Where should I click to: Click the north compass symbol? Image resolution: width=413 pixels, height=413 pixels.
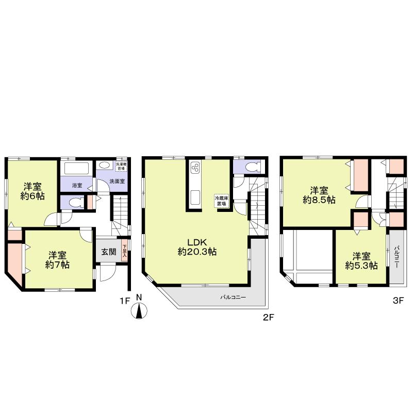(139, 311)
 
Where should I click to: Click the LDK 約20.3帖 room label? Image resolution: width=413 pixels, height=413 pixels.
(197, 247)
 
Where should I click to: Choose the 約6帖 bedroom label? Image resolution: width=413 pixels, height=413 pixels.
(32, 191)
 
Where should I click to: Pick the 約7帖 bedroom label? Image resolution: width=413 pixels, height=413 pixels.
(57, 260)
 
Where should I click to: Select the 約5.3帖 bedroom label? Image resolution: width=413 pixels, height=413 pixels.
(361, 261)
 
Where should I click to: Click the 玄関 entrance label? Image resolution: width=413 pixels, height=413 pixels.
(108, 252)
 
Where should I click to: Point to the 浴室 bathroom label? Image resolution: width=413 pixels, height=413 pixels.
(77, 185)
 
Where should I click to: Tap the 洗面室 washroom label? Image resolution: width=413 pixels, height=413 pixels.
(116, 182)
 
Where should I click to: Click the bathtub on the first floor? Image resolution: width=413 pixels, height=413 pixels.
(76, 169)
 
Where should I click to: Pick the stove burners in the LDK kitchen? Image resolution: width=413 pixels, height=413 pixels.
(195, 169)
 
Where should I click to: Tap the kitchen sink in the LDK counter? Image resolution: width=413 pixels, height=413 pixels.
(195, 197)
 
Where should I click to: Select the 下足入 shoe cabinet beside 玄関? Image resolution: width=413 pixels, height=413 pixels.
(124, 252)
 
